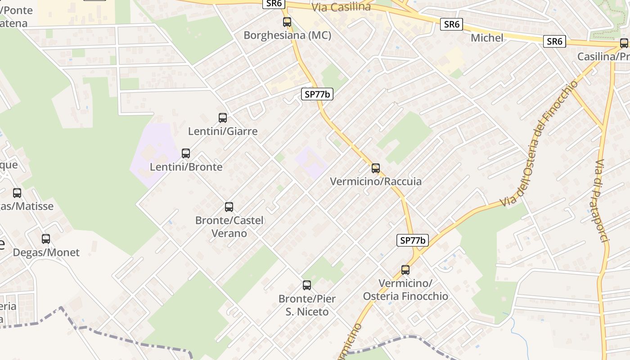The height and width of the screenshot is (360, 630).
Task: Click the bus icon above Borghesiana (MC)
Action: click(x=287, y=22)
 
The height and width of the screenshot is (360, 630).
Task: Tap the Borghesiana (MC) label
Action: click(x=288, y=36)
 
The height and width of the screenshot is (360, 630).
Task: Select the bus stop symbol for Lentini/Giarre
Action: click(x=223, y=118)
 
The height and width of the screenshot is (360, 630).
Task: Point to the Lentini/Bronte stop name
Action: click(x=186, y=167)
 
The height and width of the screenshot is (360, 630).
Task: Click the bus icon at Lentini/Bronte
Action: click(x=186, y=153)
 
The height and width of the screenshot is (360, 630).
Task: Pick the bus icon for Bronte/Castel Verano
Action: click(x=229, y=207)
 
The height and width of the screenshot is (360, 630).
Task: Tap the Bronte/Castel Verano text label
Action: click(x=229, y=227)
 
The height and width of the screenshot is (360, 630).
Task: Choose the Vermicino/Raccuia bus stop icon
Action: click(x=376, y=168)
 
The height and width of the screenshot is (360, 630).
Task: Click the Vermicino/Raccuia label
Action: click(x=376, y=181)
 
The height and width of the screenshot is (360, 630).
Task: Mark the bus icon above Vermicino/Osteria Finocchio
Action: click(x=405, y=270)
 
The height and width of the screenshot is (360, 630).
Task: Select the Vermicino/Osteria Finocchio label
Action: click(x=405, y=290)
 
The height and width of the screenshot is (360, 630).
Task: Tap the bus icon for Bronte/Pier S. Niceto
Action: click(x=307, y=285)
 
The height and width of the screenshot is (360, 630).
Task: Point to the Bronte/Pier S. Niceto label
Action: click(x=307, y=305)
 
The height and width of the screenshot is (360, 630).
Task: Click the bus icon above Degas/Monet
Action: click(x=46, y=239)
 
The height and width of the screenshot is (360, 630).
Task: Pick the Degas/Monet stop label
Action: click(x=46, y=252)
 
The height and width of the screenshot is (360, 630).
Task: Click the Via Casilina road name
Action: click(x=341, y=7)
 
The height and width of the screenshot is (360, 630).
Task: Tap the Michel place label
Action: click(x=487, y=38)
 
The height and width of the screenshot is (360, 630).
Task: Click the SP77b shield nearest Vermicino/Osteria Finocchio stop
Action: click(x=413, y=240)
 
